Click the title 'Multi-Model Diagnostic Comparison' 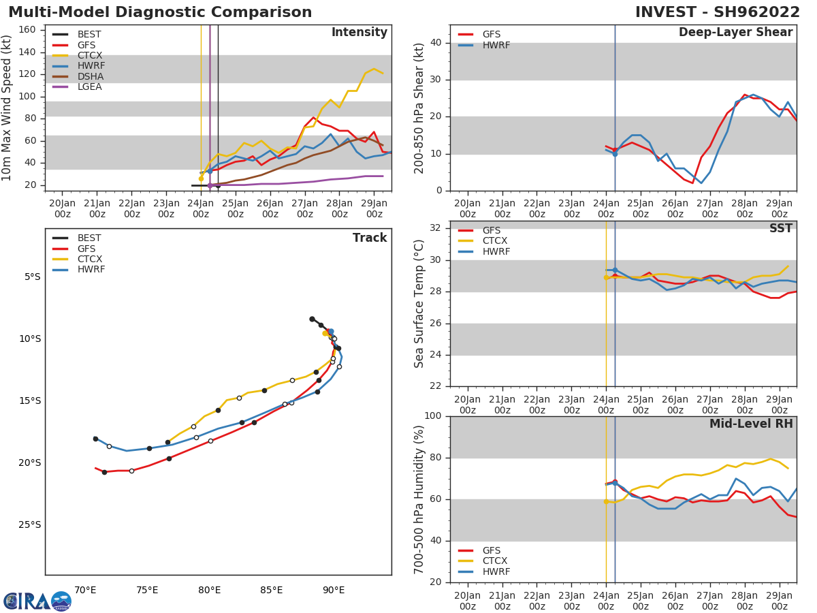coord(160,12)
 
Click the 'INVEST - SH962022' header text coord(718,12)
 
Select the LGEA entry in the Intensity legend coord(89,87)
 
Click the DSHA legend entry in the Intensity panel coord(90,76)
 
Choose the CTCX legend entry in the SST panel coord(495,241)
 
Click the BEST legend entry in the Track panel coord(89,238)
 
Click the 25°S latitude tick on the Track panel coord(30,524)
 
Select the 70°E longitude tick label coord(85,590)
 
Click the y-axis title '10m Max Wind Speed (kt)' coord(7,108)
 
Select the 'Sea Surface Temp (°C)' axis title coord(419,304)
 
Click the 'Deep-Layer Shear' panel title coord(735,33)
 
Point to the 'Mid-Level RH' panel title coord(751,424)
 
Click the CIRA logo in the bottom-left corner coord(37,601)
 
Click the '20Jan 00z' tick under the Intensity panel coord(62,208)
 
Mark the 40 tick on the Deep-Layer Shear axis coord(435,43)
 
